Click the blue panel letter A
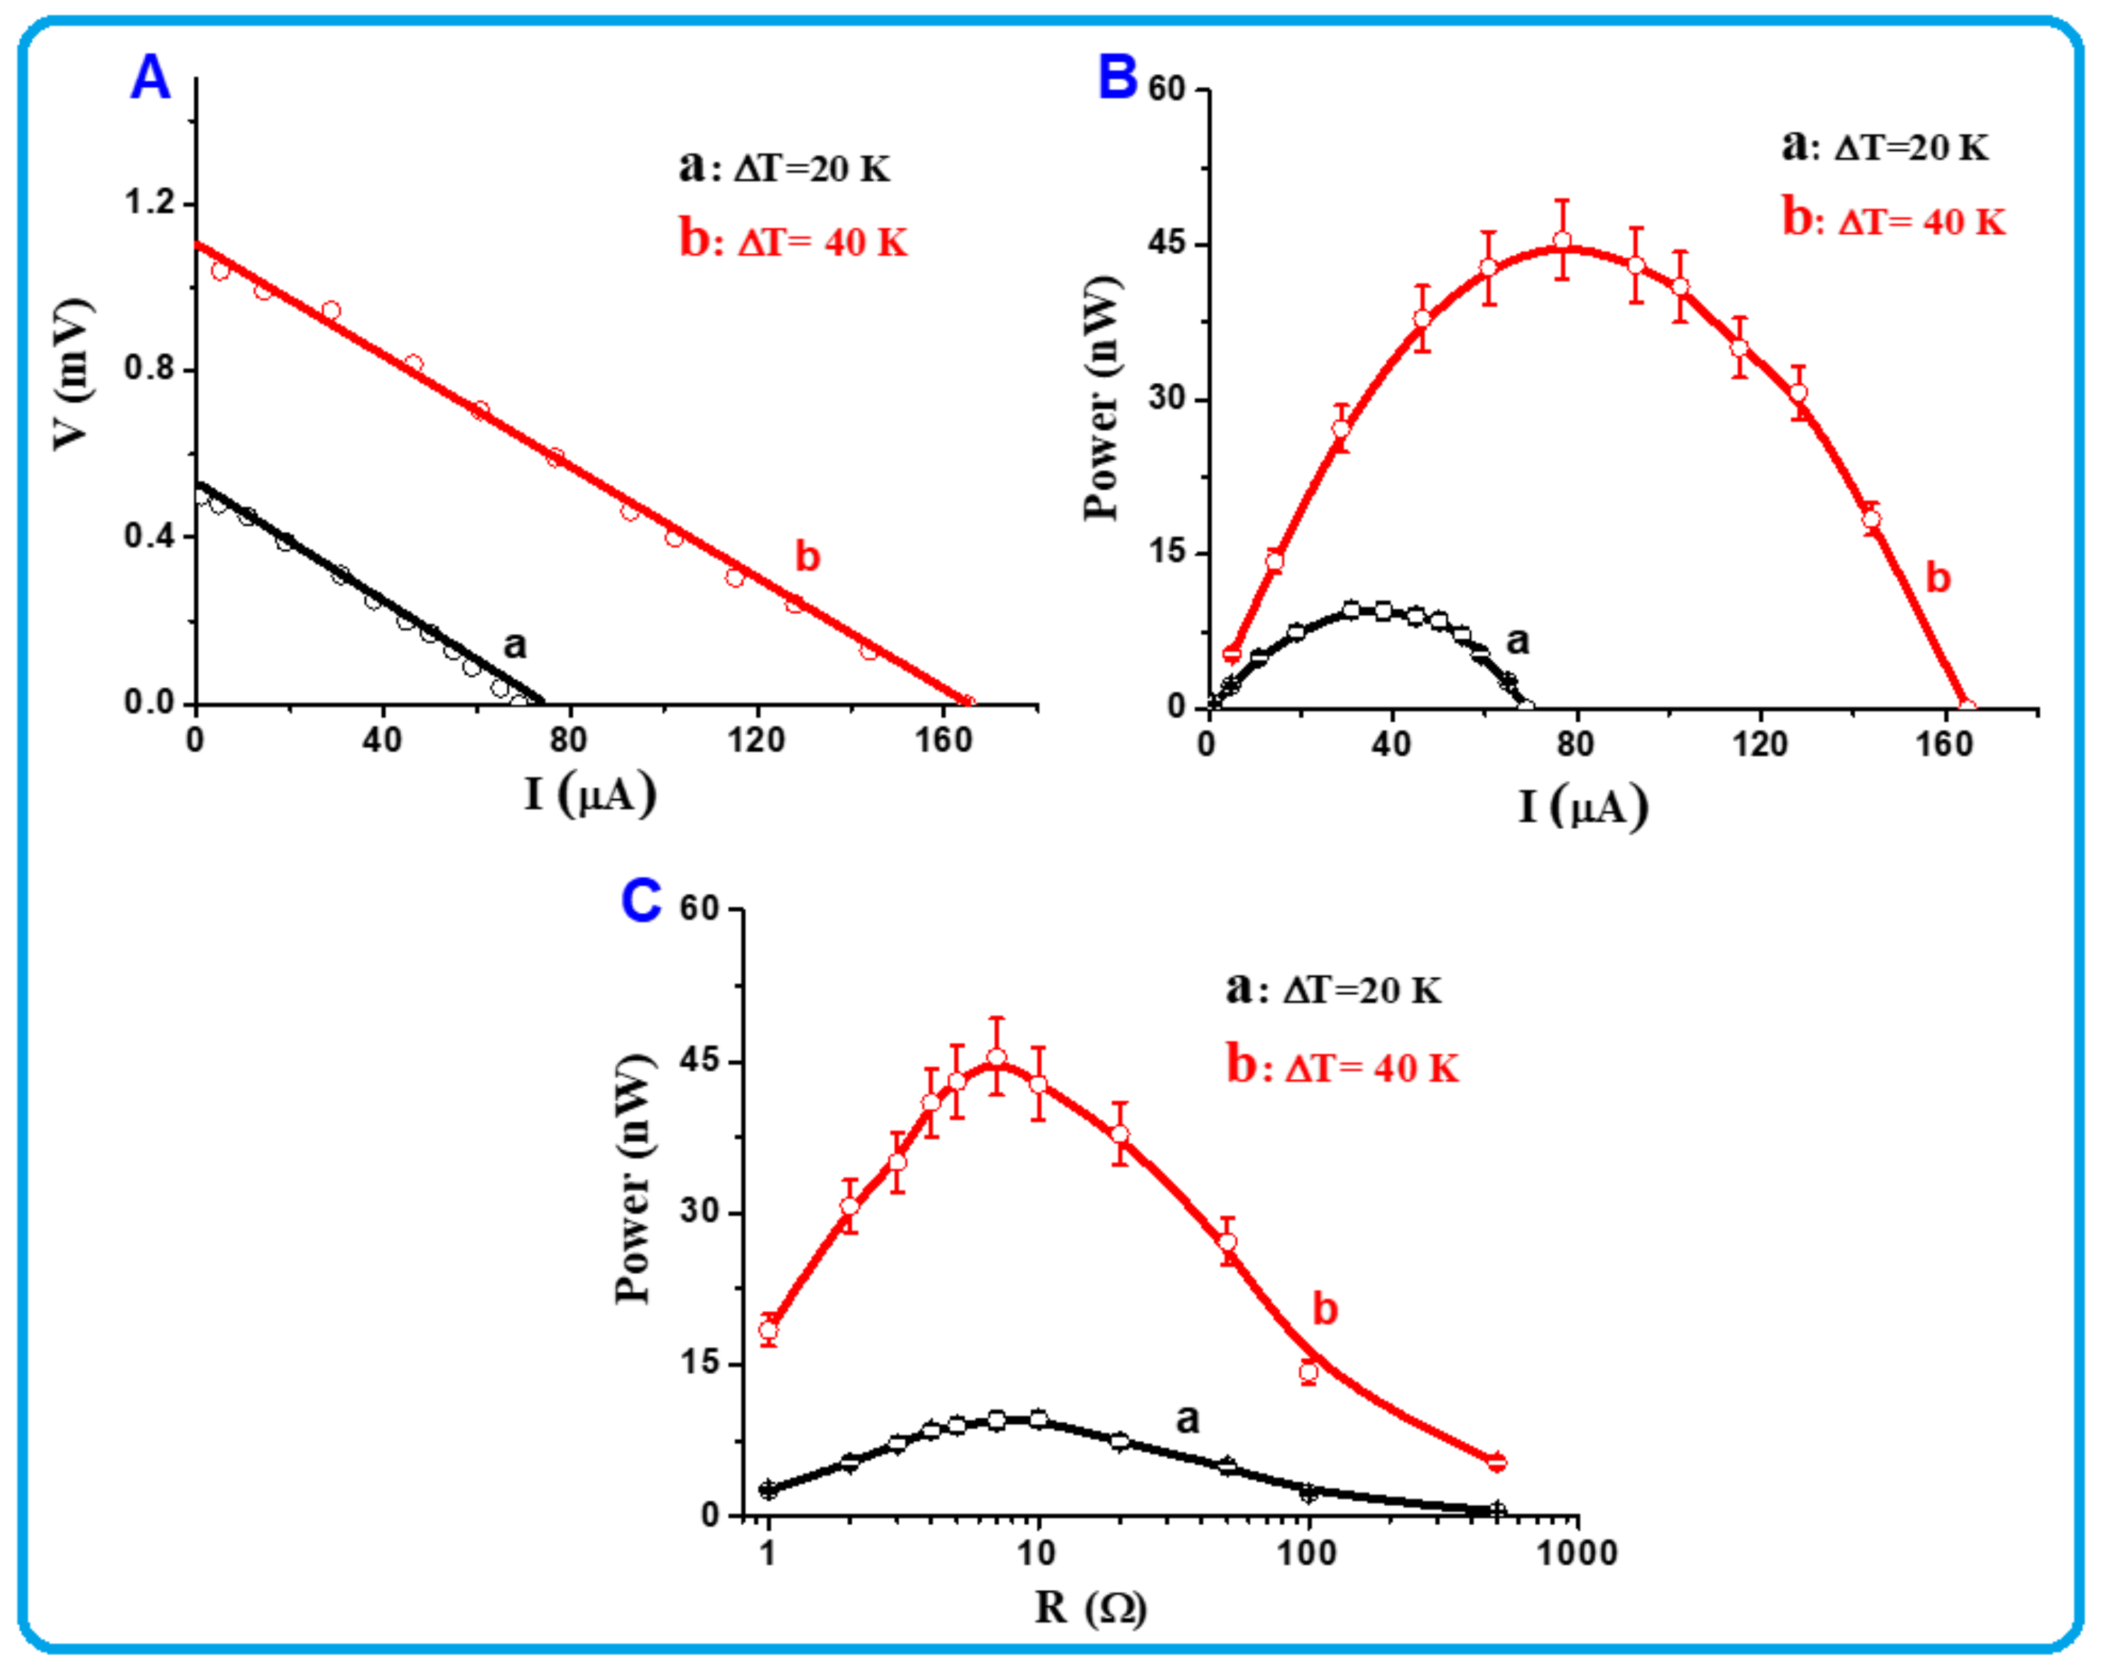point(150,78)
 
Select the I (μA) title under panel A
point(590,794)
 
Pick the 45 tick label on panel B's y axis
point(1166,243)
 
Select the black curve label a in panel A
point(514,644)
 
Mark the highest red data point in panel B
point(1562,240)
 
